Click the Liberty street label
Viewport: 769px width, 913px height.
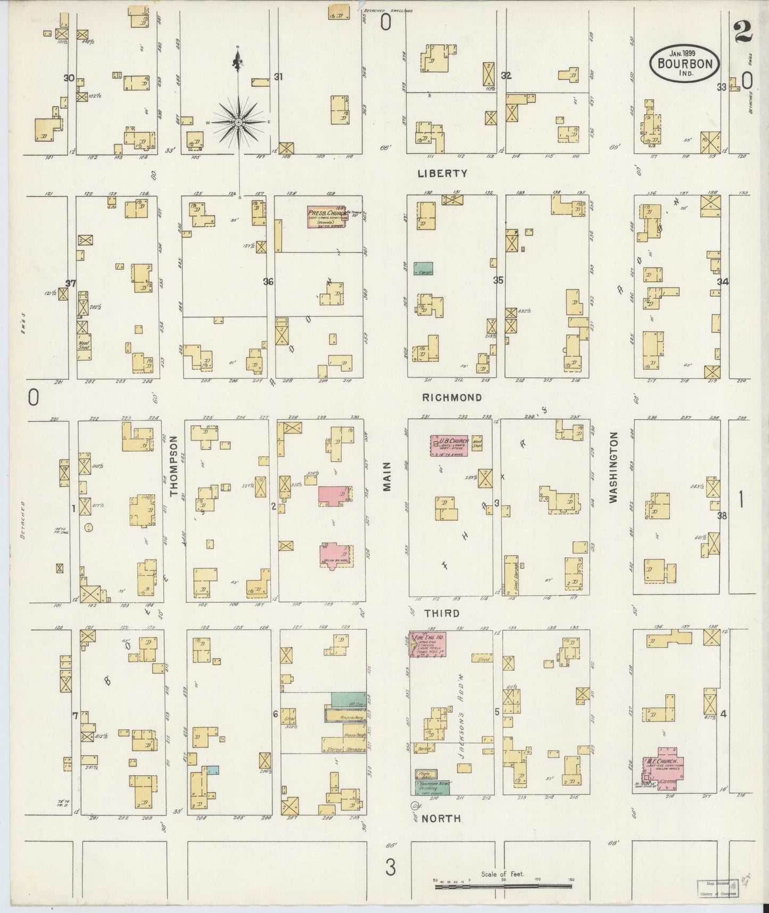click(x=442, y=173)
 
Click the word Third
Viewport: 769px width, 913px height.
click(x=441, y=614)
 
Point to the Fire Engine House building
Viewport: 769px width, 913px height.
click(x=427, y=645)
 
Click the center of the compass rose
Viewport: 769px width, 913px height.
click(x=239, y=123)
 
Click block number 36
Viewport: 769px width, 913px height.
click(x=268, y=281)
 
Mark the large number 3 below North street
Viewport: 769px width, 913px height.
click(x=391, y=868)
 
